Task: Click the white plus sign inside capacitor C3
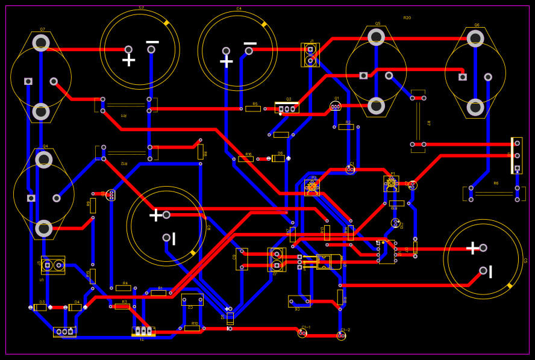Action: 128,60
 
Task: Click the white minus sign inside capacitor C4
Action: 250,43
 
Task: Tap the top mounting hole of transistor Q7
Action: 41,43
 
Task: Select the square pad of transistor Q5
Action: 363,76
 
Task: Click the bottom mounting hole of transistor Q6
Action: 475,107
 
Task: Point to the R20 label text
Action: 407,18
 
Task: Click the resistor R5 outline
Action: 253,109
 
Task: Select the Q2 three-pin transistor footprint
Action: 287,108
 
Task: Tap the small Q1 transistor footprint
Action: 336,107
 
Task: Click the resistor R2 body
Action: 346,127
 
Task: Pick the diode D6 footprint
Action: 278,158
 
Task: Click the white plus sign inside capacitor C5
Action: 472,247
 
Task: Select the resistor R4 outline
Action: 124,288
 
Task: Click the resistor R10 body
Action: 192,328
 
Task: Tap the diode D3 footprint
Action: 40,308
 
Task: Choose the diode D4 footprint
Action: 75,308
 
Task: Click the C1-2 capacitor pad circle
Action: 341,336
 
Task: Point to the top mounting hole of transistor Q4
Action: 44,160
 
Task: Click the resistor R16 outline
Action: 246,159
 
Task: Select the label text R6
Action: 496,184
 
